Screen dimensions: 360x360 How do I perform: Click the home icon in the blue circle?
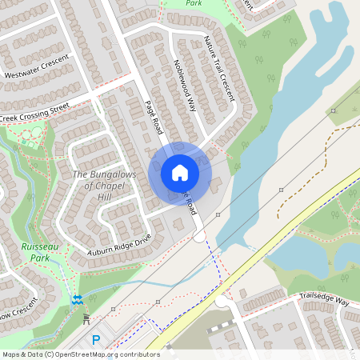[180, 172]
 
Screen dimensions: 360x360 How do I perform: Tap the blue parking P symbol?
[96, 340]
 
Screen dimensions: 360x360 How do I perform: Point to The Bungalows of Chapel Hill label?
[104, 186]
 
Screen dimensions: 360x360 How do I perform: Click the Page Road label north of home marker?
[154, 116]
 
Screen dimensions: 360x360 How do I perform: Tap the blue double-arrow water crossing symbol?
[77, 299]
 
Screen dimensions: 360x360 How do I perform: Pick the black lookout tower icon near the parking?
[86, 319]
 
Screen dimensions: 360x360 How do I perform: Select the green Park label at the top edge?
[193, 3]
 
